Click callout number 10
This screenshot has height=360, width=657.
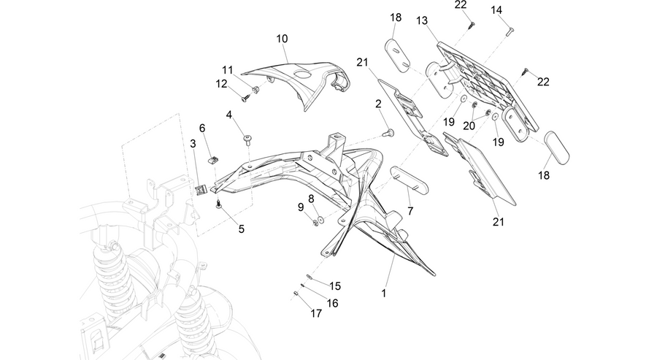(x=282, y=39)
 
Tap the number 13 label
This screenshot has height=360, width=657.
(x=422, y=20)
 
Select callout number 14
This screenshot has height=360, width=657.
(x=496, y=10)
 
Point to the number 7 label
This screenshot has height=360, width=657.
(x=410, y=211)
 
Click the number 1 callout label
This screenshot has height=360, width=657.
(x=384, y=294)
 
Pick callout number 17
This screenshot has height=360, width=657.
(x=316, y=313)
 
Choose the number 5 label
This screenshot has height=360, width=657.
(x=242, y=229)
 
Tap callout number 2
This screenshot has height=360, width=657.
(x=378, y=104)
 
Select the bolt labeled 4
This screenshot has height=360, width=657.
(x=247, y=139)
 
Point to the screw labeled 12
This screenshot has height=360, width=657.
(x=246, y=99)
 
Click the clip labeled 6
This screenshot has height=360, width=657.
(x=214, y=159)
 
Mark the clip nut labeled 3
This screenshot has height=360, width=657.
(x=201, y=190)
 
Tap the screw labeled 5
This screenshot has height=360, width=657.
(x=218, y=204)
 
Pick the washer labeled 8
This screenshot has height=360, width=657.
(x=321, y=219)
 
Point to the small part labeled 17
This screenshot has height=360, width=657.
(x=295, y=294)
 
